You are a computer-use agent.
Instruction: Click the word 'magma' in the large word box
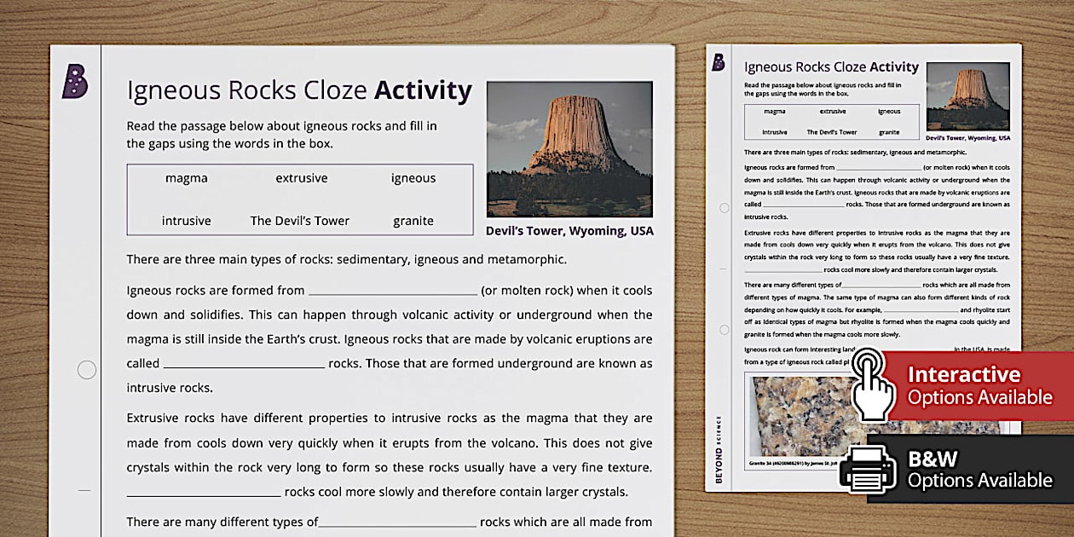click(x=186, y=178)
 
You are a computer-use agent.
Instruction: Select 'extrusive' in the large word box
click(x=301, y=178)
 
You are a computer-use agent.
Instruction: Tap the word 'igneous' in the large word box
click(x=413, y=178)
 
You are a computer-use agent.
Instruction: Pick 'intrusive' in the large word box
click(x=186, y=221)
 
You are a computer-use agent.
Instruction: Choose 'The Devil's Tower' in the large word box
click(x=299, y=221)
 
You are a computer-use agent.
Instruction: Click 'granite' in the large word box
click(x=413, y=221)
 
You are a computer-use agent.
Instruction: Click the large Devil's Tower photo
click(x=569, y=149)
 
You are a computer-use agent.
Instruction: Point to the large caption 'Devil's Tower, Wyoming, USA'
click(x=569, y=231)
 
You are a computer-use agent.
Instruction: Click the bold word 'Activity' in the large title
click(x=423, y=90)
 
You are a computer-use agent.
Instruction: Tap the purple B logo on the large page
click(x=75, y=82)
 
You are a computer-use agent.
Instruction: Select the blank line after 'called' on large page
click(x=244, y=365)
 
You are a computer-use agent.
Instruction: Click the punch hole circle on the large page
click(x=87, y=370)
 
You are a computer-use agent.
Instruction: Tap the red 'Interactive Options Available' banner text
click(x=979, y=386)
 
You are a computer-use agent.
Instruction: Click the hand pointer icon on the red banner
click(x=873, y=384)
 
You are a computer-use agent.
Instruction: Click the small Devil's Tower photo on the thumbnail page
click(x=967, y=96)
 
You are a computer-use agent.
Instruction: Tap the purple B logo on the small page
click(x=719, y=62)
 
